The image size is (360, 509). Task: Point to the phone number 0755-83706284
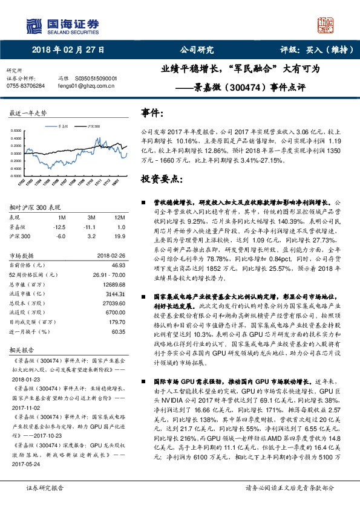(x=25, y=86)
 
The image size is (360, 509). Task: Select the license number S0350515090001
(x=96, y=79)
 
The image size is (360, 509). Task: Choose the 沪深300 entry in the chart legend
(x=91, y=127)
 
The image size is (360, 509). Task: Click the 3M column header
(x=91, y=216)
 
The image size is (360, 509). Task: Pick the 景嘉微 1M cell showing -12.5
(x=59, y=225)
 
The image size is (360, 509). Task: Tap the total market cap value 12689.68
(x=113, y=284)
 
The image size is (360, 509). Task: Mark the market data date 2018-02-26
(x=111, y=256)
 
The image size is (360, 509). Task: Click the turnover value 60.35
(x=117, y=331)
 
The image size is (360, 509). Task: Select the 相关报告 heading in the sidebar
(x=22, y=351)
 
